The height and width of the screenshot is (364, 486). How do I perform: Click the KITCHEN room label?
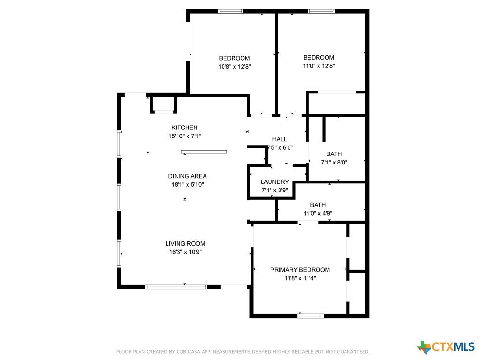point(185,127)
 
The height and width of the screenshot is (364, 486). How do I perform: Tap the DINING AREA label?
point(187,176)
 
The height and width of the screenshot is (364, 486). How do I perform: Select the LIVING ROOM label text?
point(186,244)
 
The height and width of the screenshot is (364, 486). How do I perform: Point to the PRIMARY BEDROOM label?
point(300,270)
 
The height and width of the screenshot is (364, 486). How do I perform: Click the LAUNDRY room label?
point(275,182)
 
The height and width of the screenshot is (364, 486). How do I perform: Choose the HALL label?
point(280,139)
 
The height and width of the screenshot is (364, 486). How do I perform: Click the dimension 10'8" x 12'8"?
point(234,66)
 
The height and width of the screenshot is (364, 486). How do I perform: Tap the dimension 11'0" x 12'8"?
point(319,66)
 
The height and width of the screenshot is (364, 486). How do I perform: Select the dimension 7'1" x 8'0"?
point(334,162)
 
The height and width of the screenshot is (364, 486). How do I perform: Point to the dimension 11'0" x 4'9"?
point(318,213)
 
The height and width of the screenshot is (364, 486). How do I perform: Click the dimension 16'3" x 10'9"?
point(186,252)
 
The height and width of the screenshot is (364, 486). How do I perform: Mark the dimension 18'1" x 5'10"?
point(187,185)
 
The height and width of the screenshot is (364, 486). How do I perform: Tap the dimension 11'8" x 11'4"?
point(300,278)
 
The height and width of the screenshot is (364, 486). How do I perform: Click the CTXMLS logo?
point(446,347)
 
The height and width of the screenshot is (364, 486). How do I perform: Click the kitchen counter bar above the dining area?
point(204,152)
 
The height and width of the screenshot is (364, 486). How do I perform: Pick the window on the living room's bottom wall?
point(176,287)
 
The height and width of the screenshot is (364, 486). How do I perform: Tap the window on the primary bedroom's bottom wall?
point(310,316)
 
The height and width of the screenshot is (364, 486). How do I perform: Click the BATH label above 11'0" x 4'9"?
point(318,205)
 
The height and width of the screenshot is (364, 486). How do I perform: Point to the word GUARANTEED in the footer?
point(353,352)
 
